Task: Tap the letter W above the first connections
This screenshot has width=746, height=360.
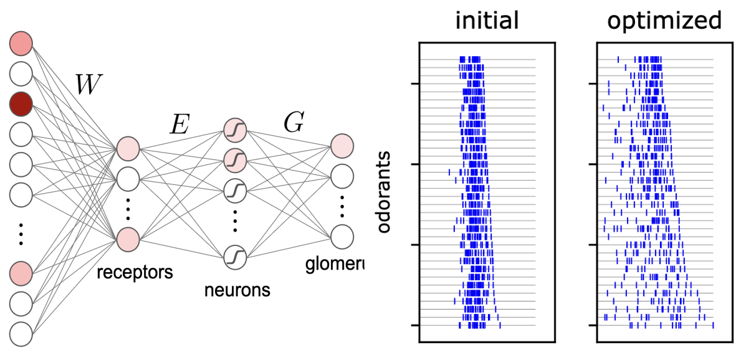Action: pyautogui.click(x=87, y=85)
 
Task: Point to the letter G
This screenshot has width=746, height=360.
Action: pyautogui.click(x=293, y=123)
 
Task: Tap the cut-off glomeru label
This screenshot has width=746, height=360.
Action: pyautogui.click(x=334, y=265)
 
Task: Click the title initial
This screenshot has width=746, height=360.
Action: pyautogui.click(x=487, y=21)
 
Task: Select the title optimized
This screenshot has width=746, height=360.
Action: pyautogui.click(x=664, y=21)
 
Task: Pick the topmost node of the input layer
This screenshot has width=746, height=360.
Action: pyautogui.click(x=21, y=44)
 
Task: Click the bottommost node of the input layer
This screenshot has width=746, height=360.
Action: pyautogui.click(x=21, y=334)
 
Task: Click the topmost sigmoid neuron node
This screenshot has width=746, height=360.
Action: pyautogui.click(x=236, y=130)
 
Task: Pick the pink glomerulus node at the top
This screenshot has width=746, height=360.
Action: pyautogui.click(x=342, y=146)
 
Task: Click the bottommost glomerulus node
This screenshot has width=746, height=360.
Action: pyautogui.click(x=342, y=237)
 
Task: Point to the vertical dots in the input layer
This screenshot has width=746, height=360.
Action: pyautogui.click(x=21, y=233)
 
